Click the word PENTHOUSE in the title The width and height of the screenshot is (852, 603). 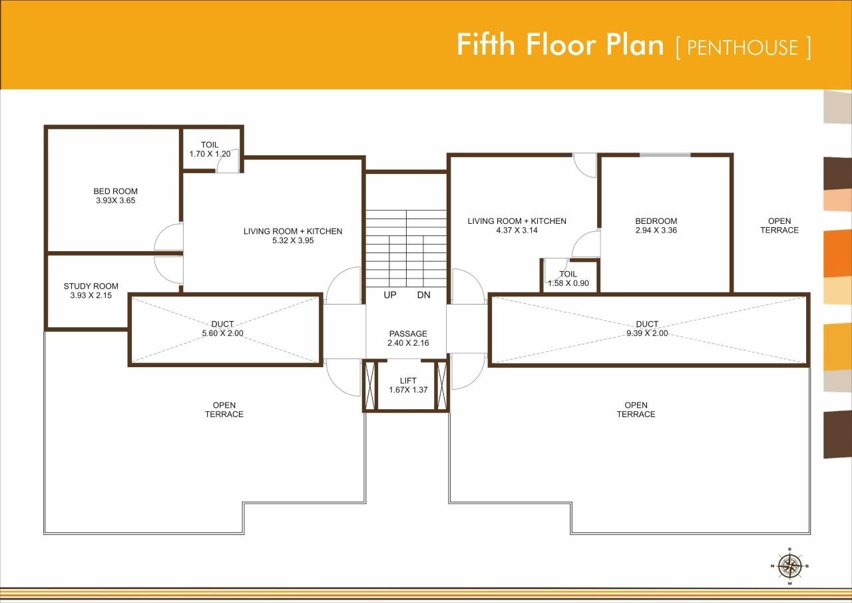[742, 47]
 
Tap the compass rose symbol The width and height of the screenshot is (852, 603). [790, 566]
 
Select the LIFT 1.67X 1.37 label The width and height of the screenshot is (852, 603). [408, 385]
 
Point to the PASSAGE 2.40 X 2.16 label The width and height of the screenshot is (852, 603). [408, 338]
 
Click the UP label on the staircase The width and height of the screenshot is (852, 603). [390, 295]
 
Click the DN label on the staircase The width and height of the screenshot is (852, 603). [424, 295]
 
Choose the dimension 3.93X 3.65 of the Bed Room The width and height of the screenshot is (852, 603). [116, 201]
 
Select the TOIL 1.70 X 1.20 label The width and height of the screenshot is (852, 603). [210, 149]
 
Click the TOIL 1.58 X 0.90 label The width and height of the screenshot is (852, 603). [568, 279]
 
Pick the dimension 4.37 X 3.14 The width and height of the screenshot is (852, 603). [517, 231]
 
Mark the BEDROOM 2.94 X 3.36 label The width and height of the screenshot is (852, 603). [656, 226]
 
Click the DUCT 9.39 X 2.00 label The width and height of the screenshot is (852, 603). [646, 328]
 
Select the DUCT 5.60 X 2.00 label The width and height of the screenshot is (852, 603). [222, 328]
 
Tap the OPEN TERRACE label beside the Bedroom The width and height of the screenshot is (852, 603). [779, 226]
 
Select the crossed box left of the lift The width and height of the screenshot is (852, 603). [371, 385]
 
